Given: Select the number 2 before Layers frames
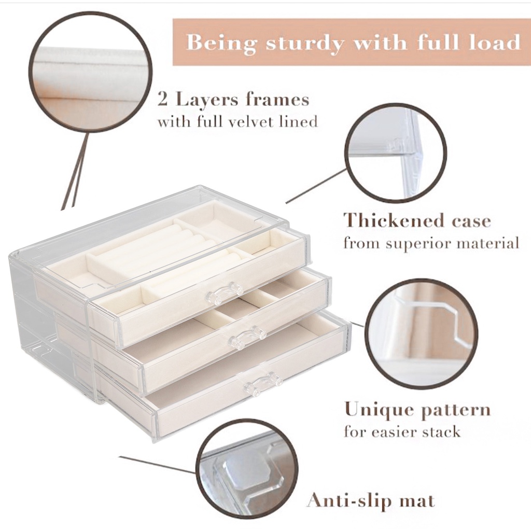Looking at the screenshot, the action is pos(163,99).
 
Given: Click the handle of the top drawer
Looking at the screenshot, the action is pos(225,294).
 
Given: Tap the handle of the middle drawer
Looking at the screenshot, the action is pos(248,337).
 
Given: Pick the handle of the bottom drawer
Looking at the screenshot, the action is pos(263,383).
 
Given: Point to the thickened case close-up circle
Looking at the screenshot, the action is pos(395,152).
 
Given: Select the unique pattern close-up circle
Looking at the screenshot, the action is pos(421,333).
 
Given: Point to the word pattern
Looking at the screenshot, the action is pos(455,411).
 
